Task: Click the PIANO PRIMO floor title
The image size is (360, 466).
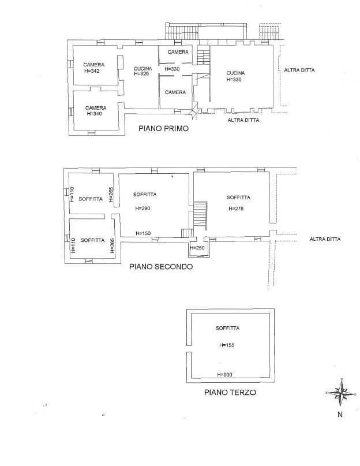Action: [163, 128]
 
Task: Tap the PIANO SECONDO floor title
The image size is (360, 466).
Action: [161, 267]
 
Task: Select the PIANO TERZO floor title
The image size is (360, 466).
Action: [230, 392]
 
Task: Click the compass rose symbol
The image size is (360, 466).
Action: [341, 393]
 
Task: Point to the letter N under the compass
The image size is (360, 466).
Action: [340, 414]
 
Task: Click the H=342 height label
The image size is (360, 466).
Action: [92, 71]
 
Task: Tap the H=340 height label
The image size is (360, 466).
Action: [94, 114]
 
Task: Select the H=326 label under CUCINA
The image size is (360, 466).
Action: [141, 73]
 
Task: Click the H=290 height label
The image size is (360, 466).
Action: [143, 208]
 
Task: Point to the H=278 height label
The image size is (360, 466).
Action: [236, 208]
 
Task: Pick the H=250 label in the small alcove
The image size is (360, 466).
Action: [197, 248]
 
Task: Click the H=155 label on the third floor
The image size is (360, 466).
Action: [227, 345]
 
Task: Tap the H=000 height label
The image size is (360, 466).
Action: [224, 375]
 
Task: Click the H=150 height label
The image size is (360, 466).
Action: [143, 233]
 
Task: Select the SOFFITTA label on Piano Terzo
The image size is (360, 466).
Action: [227, 328]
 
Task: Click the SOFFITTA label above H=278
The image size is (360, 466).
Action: [238, 197]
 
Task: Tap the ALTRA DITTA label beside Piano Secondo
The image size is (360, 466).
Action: [325, 239]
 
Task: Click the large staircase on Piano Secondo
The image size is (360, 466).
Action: [200, 215]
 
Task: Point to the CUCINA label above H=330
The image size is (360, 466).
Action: [235, 73]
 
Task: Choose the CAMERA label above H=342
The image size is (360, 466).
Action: [94, 65]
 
